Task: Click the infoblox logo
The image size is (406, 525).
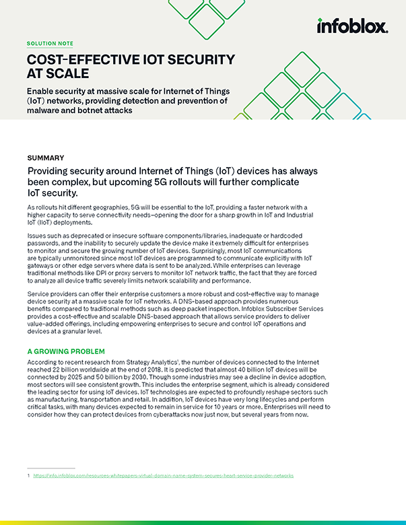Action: (352, 26)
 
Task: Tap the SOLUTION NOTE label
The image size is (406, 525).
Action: (50, 43)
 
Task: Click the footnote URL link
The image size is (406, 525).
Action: (165, 475)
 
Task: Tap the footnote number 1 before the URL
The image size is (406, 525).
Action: (28, 475)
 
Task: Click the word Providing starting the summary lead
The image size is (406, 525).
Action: (51, 172)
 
